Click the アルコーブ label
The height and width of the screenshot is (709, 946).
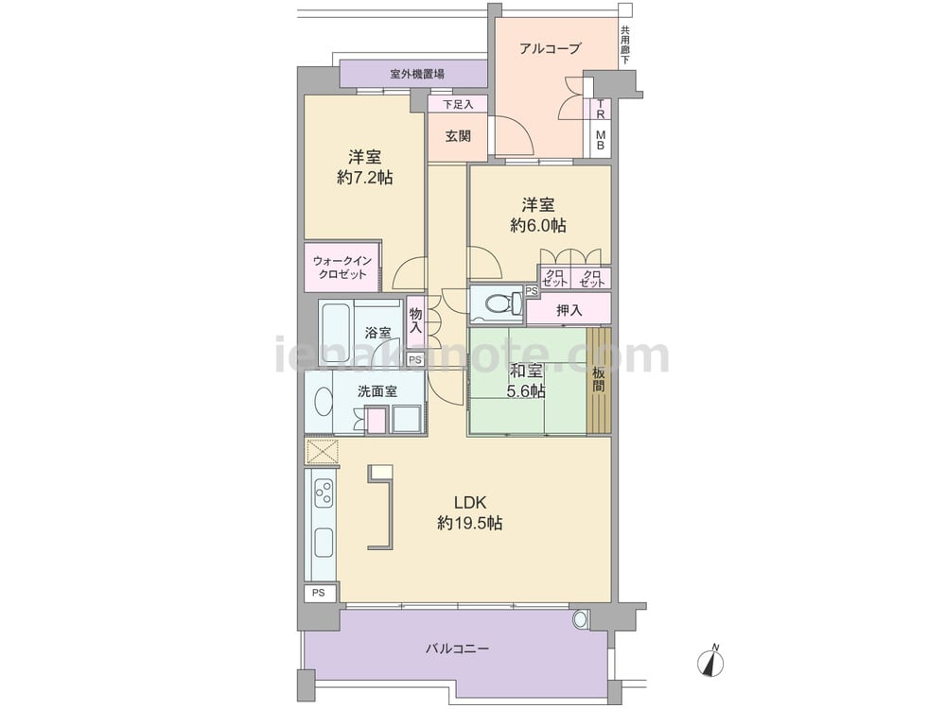coord(550,48)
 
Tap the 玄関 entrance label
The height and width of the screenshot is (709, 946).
coord(458,136)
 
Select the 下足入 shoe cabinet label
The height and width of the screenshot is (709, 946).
coord(458,105)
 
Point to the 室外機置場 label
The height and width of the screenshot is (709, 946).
coord(417,74)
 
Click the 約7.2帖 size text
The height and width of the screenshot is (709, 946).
coord(365,178)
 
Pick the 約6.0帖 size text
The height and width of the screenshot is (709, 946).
coord(538,226)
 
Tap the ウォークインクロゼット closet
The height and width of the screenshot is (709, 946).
coord(342,268)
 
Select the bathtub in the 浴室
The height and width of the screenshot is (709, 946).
coord(336,332)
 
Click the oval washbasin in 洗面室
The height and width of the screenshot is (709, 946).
coord(324,401)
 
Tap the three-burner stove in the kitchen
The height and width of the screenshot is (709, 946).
coord(324,492)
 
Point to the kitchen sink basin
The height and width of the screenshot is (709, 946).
coord(324,544)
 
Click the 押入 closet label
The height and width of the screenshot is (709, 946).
coord(569,310)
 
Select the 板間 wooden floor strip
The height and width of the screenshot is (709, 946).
coord(599,380)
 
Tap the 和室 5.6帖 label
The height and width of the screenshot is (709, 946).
coord(526,381)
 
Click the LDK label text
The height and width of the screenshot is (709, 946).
coord(470,502)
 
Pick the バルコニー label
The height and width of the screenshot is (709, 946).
coord(457,648)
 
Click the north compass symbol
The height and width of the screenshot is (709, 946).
coord(710,662)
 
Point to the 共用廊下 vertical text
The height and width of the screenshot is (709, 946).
coord(625,45)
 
